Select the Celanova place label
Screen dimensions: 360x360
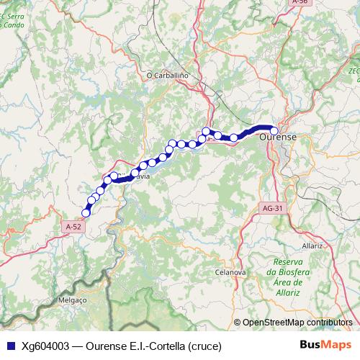pos(230,273)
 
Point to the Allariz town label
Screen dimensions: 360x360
pos(312,246)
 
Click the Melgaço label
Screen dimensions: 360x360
pos(72,299)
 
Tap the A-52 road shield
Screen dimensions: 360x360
pos(73,226)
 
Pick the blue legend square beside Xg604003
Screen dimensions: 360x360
pos(9,346)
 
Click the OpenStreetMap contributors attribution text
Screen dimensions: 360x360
pos(297,323)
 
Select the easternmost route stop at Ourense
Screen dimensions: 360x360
pos(274,130)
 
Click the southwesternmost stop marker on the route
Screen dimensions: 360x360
pos(86,212)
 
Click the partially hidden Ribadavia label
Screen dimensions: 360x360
pos(141,175)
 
